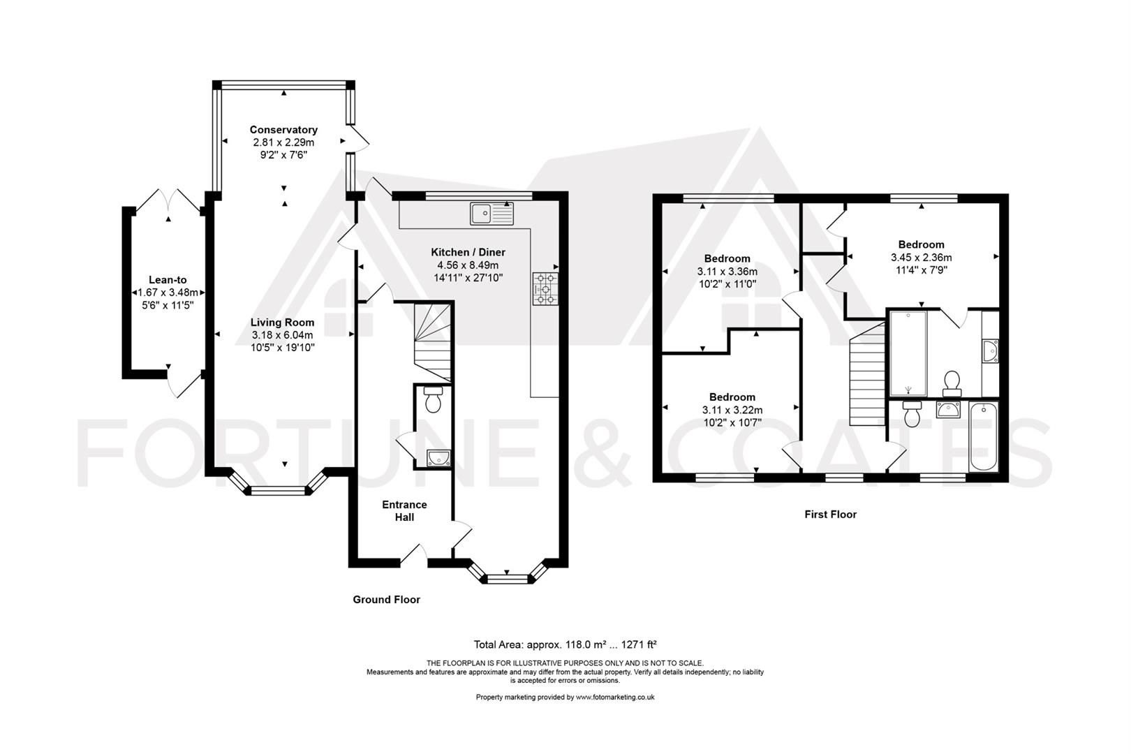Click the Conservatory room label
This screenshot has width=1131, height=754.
point(283,130)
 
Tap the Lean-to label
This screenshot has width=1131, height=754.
point(168,280)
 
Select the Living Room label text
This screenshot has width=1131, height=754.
point(282,323)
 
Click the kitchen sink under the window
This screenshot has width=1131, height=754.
point(491,213)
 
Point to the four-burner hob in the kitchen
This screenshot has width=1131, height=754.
point(545,289)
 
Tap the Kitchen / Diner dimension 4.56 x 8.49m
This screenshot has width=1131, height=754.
point(468,265)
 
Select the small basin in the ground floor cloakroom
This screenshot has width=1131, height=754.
point(438,457)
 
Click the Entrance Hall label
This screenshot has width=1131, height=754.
point(404,510)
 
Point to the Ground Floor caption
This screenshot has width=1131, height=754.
point(386,600)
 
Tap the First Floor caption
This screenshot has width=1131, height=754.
point(831,514)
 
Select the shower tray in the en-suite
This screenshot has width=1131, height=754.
point(908,353)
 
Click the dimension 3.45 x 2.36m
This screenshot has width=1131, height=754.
point(922,257)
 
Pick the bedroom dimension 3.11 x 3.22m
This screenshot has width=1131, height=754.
point(732,410)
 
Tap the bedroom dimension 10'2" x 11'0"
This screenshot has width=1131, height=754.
point(727,284)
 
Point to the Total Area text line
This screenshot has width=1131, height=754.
point(565,644)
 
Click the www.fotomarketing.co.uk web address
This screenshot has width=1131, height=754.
point(615,697)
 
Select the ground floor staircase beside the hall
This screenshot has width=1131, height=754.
point(432,342)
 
